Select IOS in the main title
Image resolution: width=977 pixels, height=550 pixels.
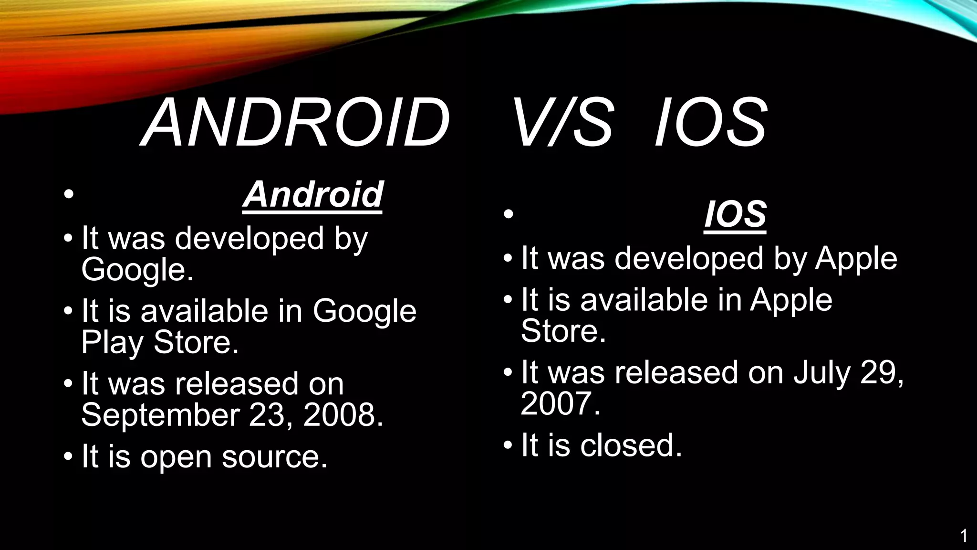(711, 123)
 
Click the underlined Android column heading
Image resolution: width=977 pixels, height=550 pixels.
(312, 194)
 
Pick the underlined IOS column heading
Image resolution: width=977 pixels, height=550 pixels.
(735, 214)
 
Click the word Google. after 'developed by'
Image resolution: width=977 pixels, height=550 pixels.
(137, 270)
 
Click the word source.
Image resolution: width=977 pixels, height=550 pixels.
(274, 456)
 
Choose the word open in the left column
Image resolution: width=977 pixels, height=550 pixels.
(176, 457)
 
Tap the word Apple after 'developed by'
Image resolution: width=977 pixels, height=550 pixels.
(856, 259)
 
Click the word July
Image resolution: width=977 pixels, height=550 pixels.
(821, 372)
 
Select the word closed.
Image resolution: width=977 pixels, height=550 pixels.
(631, 445)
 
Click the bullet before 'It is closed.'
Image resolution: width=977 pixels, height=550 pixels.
(508, 445)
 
